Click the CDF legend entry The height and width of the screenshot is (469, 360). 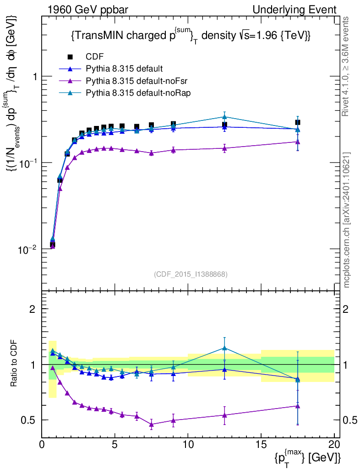coord(94,57)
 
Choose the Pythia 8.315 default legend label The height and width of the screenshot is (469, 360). coord(124,69)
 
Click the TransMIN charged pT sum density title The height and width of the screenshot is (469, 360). coord(191,36)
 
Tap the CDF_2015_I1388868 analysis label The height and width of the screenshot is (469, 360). coord(191,274)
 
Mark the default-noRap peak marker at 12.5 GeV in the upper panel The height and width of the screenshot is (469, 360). coord(224,117)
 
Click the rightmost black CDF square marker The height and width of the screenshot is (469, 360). coord(298,122)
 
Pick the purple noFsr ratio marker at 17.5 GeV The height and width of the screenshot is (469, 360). coord(298,406)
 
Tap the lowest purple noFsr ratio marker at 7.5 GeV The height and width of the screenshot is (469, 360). coord(152,425)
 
